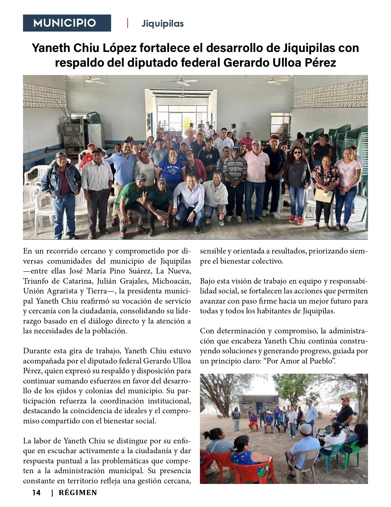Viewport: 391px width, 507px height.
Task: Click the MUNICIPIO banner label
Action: point(65,23)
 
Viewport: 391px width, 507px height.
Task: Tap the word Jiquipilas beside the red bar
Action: point(163,24)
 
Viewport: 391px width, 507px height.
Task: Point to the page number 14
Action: point(36,493)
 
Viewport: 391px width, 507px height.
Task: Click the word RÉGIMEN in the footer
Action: point(78,493)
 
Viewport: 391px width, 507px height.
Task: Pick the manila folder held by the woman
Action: point(323,195)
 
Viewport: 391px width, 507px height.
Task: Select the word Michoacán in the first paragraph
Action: point(171,281)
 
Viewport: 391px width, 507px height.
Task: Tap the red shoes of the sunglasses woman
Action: point(296,219)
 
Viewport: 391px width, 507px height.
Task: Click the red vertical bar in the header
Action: point(128,23)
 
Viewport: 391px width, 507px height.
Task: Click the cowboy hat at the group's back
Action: point(190,131)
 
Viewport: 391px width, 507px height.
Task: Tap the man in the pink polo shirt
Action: point(256,178)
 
